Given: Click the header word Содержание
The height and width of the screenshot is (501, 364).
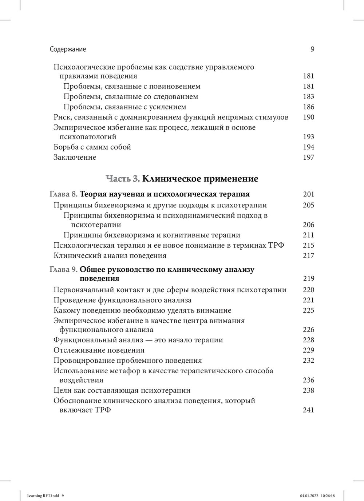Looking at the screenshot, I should (68, 49).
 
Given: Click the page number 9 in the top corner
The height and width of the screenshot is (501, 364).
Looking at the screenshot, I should (312, 49).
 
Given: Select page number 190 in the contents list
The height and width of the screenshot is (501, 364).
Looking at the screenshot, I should (308, 117).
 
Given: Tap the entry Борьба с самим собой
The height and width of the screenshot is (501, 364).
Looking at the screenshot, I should (92, 147).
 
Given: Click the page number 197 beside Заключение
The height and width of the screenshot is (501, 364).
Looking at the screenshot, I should (308, 157).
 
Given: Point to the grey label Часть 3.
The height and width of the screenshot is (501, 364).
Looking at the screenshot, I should (123, 179).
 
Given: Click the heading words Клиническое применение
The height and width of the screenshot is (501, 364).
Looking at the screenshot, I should (200, 179).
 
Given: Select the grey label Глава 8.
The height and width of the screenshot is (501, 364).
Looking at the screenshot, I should (63, 194).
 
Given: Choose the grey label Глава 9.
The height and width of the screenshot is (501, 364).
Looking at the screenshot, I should (63, 270).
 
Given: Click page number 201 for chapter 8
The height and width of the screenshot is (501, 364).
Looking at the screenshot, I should (308, 194).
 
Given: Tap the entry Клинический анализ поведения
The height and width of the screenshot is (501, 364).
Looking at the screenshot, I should (110, 255).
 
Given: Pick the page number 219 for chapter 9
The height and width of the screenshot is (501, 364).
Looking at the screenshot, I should (308, 279).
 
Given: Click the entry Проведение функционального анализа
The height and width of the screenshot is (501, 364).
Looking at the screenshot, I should (122, 300).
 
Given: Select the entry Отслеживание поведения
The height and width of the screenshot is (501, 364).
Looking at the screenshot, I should (99, 350).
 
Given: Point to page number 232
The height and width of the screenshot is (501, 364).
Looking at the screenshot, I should (308, 361).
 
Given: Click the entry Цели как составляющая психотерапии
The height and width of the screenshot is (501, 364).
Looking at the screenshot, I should (122, 390).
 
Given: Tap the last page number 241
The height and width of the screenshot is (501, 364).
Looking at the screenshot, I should (308, 410).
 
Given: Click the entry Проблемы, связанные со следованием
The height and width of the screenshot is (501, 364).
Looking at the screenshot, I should (131, 96).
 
